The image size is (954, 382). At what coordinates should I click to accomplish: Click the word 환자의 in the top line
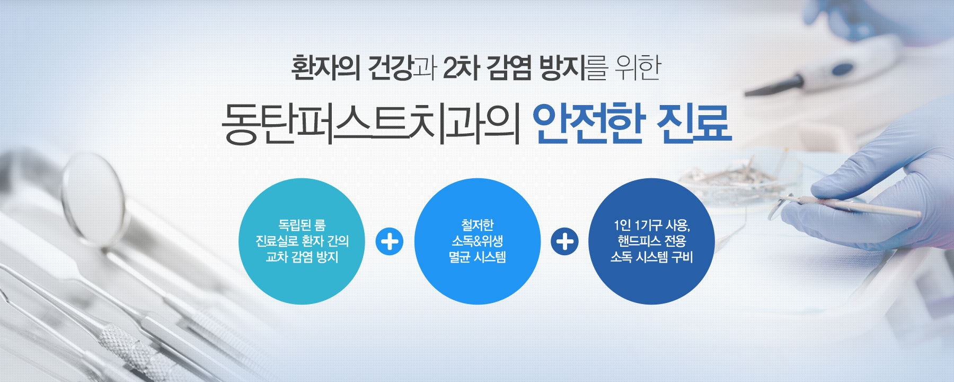click(x=325, y=68)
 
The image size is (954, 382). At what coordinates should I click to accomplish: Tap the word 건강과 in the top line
click(x=402, y=68)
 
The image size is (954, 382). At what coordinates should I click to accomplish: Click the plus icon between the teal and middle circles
click(x=390, y=241)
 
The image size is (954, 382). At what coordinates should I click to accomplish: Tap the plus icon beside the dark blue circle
click(x=564, y=241)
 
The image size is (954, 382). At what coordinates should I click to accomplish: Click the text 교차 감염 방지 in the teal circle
click(x=302, y=257)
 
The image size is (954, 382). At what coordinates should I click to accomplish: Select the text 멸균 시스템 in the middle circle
click(x=477, y=257)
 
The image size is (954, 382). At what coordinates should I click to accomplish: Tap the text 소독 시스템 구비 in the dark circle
click(x=651, y=257)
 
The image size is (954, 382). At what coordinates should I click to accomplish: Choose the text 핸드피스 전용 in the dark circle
click(x=651, y=241)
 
